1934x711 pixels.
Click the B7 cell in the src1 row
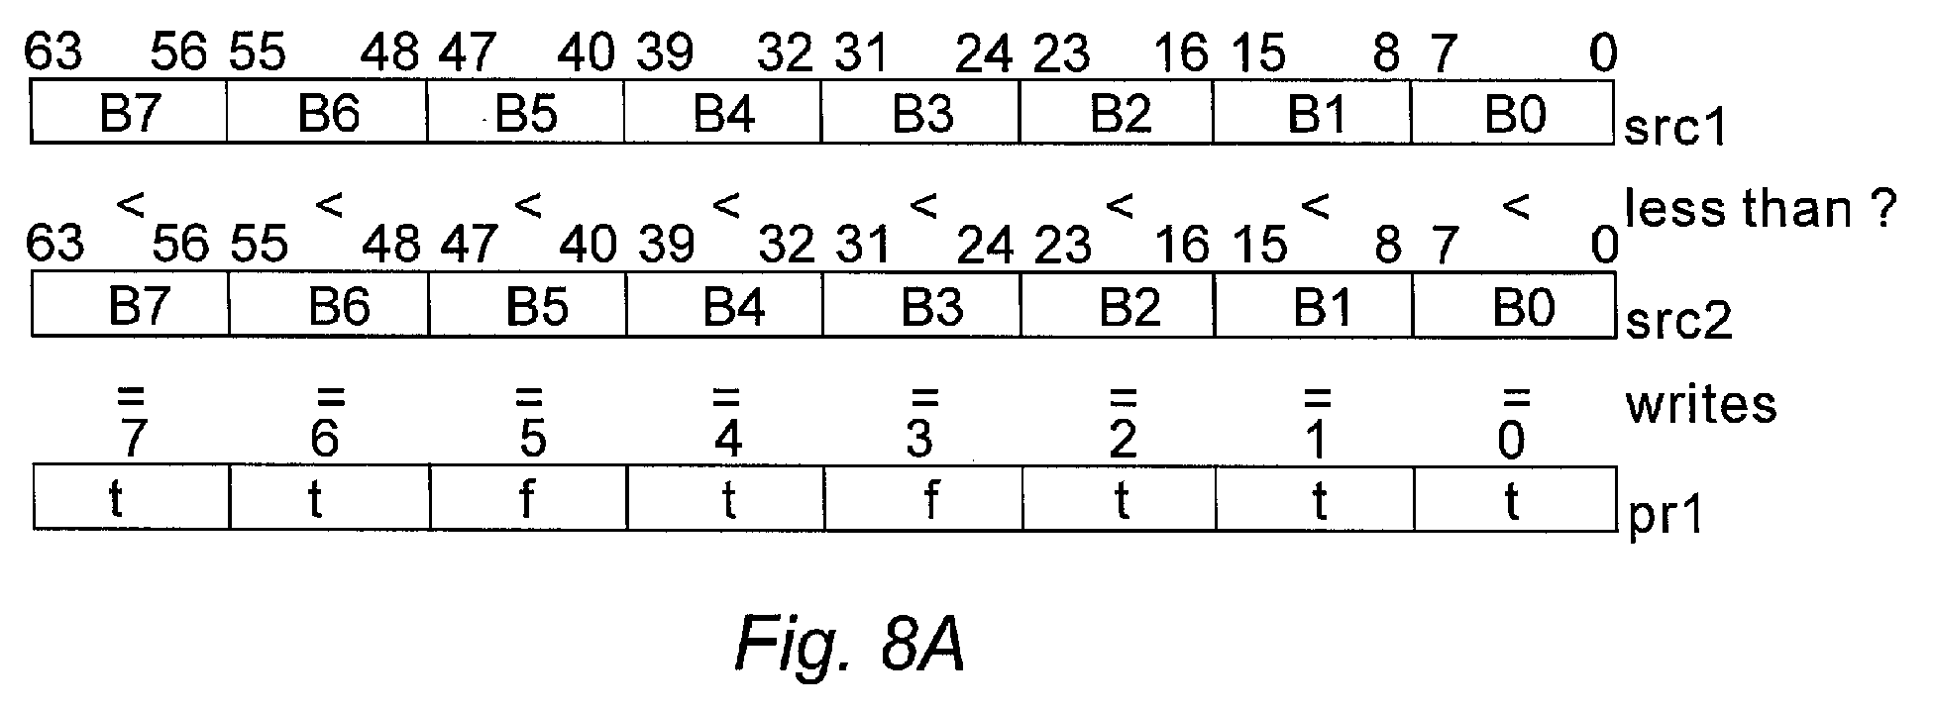[x=129, y=113]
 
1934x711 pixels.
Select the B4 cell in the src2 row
[x=725, y=306]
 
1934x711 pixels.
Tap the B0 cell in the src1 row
[x=1513, y=113]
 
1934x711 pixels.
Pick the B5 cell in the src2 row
[x=527, y=306]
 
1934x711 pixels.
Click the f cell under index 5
[x=529, y=497]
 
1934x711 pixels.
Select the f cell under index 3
[x=923, y=497]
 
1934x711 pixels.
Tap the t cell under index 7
[x=132, y=497]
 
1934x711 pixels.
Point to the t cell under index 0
[x=1515, y=497]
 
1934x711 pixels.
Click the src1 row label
[x=1675, y=128]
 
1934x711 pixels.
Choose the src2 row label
[x=1678, y=321]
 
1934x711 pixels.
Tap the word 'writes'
[x=1700, y=404]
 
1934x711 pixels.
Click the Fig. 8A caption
[x=851, y=645]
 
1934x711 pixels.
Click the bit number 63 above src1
[x=54, y=51]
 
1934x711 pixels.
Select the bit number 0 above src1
[x=1602, y=52]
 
